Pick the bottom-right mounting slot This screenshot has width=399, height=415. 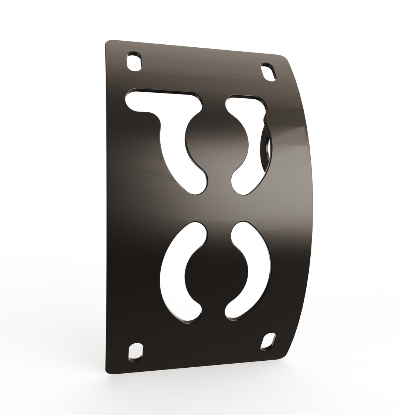[x=268, y=342]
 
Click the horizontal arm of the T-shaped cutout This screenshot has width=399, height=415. [x=163, y=100]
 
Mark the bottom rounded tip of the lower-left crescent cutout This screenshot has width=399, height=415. [x=190, y=314]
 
